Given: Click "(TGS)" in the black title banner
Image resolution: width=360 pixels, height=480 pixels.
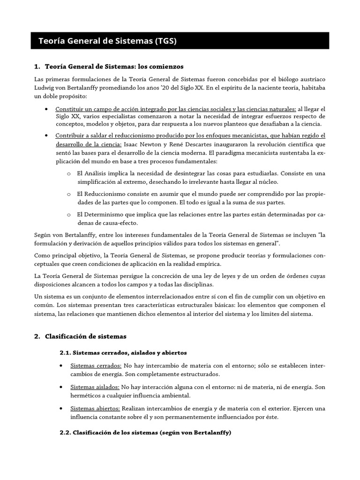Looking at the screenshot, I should tap(164, 42).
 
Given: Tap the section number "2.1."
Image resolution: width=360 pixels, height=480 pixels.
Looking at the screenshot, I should tap(66, 352).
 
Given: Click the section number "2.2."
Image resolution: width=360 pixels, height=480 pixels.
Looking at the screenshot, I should tap(66, 433).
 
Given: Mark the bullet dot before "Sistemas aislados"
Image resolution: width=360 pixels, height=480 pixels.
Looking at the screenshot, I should tap(63, 387).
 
